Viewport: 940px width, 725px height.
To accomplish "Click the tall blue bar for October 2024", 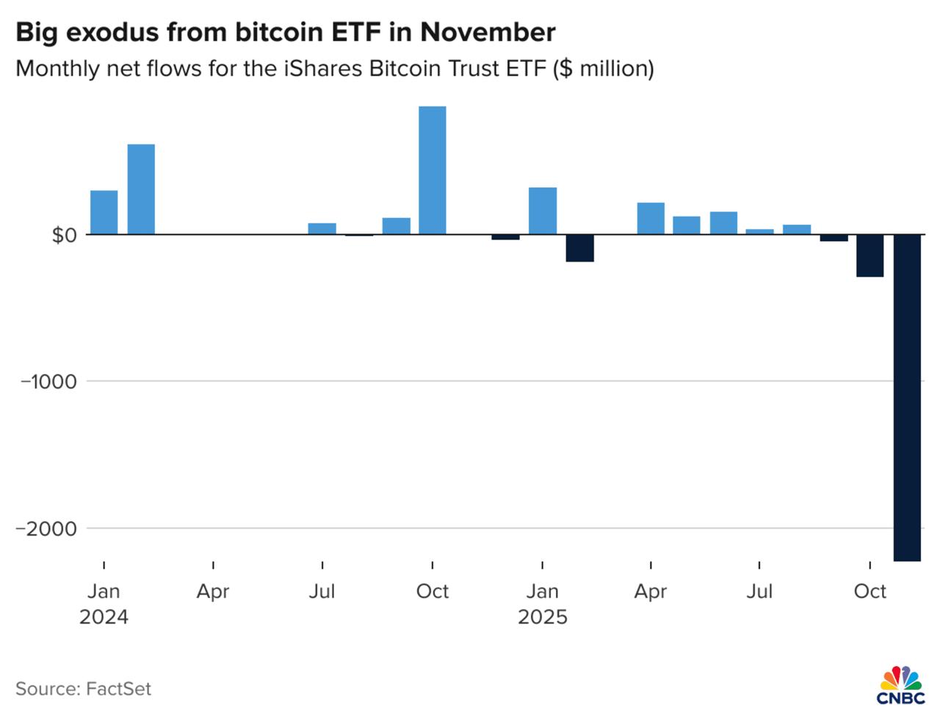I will (432, 170).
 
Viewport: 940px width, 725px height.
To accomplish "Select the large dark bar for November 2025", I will (907, 397).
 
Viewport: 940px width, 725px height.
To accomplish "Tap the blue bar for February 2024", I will (141, 190).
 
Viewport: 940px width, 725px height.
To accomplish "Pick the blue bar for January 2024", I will (104, 212).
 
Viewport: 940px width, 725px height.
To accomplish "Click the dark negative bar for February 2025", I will (579, 248).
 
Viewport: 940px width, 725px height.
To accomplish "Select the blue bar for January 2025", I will (543, 211).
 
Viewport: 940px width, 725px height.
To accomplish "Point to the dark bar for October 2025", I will (870, 256).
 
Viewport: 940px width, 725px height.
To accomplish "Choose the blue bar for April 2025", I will (651, 218).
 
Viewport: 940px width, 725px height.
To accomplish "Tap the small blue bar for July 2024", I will (322, 228).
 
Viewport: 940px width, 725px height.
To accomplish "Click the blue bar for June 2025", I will (723, 223).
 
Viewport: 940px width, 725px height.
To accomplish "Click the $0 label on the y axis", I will (64, 235).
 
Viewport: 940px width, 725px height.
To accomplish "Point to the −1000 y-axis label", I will (48, 381).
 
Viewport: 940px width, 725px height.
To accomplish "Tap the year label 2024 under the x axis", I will (104, 617).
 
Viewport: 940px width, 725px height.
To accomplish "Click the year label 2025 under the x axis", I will (543, 617).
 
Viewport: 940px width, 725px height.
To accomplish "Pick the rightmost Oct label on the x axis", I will (870, 591).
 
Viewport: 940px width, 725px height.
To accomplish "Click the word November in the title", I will (488, 32).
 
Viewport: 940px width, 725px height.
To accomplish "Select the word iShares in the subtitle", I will (323, 68).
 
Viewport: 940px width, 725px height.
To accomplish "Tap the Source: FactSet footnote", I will (83, 689).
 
